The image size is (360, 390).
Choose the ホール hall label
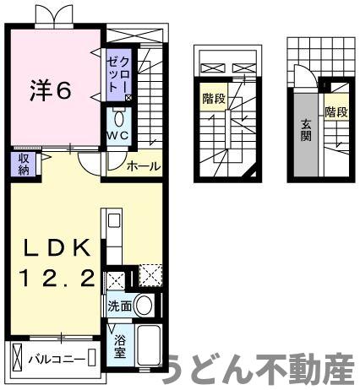(x=143, y=166)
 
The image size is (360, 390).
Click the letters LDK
(x=57, y=248)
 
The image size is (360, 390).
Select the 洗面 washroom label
(x=118, y=306)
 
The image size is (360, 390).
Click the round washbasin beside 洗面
(x=145, y=305)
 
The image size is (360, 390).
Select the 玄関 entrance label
(x=306, y=133)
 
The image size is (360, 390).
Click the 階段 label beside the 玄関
(x=335, y=111)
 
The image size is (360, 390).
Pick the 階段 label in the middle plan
(x=213, y=99)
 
